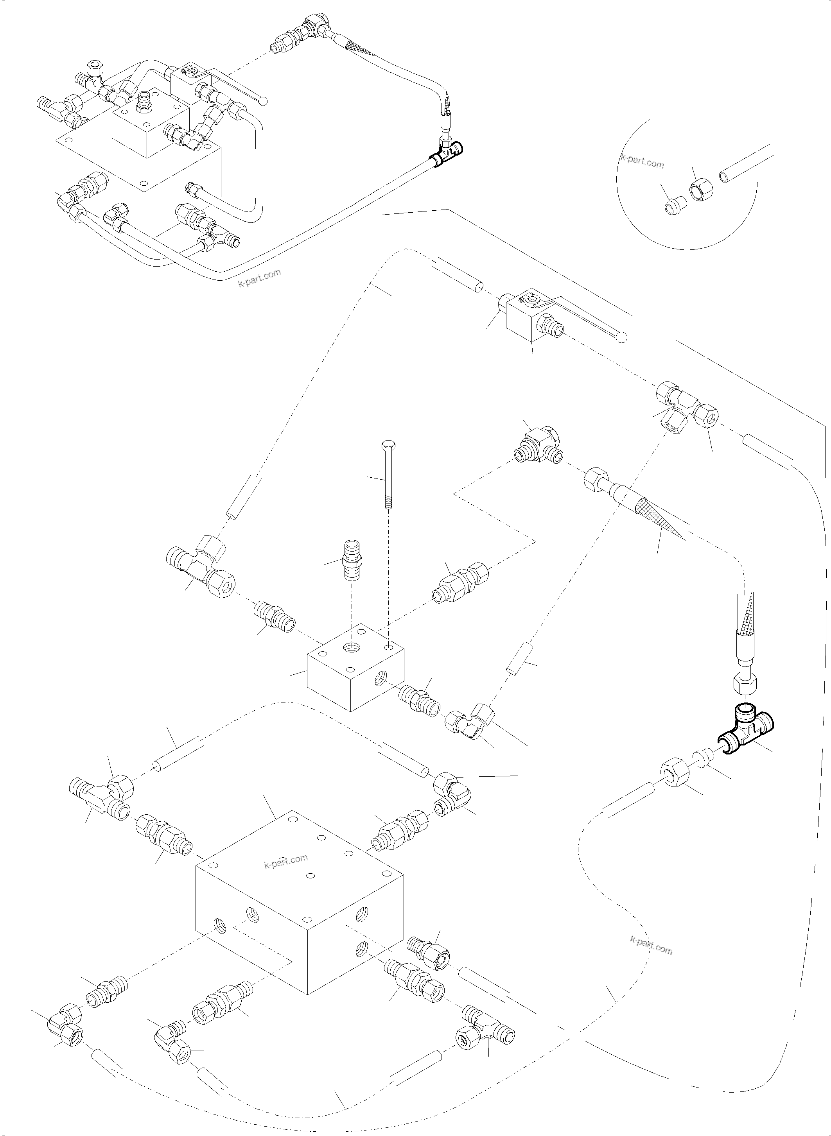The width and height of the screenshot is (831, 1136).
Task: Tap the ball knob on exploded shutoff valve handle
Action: tap(622, 337)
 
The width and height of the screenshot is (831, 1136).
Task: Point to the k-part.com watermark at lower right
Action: tap(651, 945)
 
